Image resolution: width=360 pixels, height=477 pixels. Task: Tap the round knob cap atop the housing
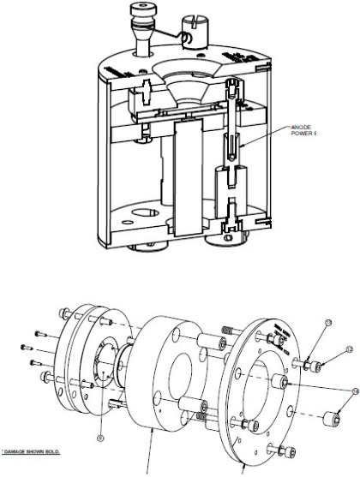(x=140, y=9)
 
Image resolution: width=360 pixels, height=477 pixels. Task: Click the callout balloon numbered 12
(x=349, y=349)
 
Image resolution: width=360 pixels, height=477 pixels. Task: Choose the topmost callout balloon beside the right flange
(x=328, y=323)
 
